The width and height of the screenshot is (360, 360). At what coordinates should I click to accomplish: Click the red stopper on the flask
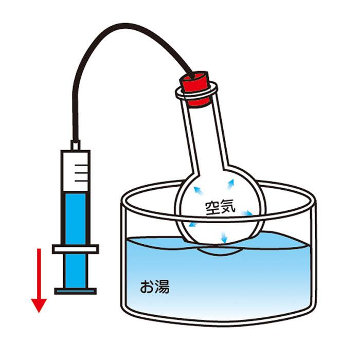196,88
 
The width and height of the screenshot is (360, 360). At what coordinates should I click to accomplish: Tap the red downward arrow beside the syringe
39,280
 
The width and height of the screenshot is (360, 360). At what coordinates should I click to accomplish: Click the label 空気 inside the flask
220,208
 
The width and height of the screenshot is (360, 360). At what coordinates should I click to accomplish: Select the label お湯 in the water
154,286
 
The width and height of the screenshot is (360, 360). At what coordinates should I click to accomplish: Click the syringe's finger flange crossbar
76,249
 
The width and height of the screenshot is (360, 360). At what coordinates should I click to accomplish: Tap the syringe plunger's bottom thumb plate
76,291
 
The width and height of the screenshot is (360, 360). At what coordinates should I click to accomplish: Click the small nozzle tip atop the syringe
76,145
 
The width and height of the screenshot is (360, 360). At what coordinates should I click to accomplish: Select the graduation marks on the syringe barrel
81,173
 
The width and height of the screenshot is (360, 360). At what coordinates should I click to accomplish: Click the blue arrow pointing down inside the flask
224,237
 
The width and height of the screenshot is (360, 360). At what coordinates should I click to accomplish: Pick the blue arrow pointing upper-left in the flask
198,191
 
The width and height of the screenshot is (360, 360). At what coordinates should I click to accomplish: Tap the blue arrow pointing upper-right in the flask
230,184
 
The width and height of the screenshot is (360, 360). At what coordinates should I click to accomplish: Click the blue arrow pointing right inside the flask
246,213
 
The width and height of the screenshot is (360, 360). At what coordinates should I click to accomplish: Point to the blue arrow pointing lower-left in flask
193,225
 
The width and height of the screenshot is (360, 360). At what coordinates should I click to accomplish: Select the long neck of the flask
204,135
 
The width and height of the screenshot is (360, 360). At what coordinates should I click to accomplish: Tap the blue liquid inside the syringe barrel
76,218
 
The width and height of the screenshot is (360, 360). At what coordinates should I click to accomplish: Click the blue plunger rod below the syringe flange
76,271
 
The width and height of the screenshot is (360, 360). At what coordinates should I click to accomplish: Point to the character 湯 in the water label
163,286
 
